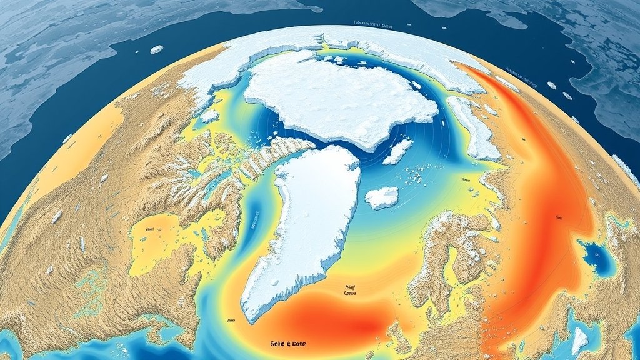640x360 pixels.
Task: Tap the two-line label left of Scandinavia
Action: pos(350,290)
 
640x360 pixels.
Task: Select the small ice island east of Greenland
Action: pos(381,198)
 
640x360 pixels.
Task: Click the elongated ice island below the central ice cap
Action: pos(397,151)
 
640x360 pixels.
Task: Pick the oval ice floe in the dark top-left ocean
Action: pos(157,49)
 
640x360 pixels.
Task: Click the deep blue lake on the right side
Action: pos(594,256)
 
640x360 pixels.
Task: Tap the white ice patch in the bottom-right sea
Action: pos(579,340)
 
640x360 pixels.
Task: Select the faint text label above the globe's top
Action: pos(372,24)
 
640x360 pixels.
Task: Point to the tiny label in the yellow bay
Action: pos(150,229)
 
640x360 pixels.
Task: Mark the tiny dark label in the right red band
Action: pos(557,218)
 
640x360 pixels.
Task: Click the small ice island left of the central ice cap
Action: pos(210,116)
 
